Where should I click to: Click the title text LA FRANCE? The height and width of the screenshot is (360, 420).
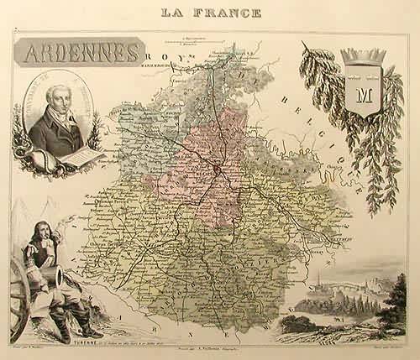pyautogui.click(x=210, y=12)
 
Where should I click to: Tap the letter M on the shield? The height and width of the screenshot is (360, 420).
pyautogui.click(x=363, y=91)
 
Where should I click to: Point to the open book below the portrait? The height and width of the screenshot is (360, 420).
pyautogui.click(x=80, y=158)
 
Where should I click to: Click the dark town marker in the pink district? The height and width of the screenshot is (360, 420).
pyautogui.click(x=217, y=170)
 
